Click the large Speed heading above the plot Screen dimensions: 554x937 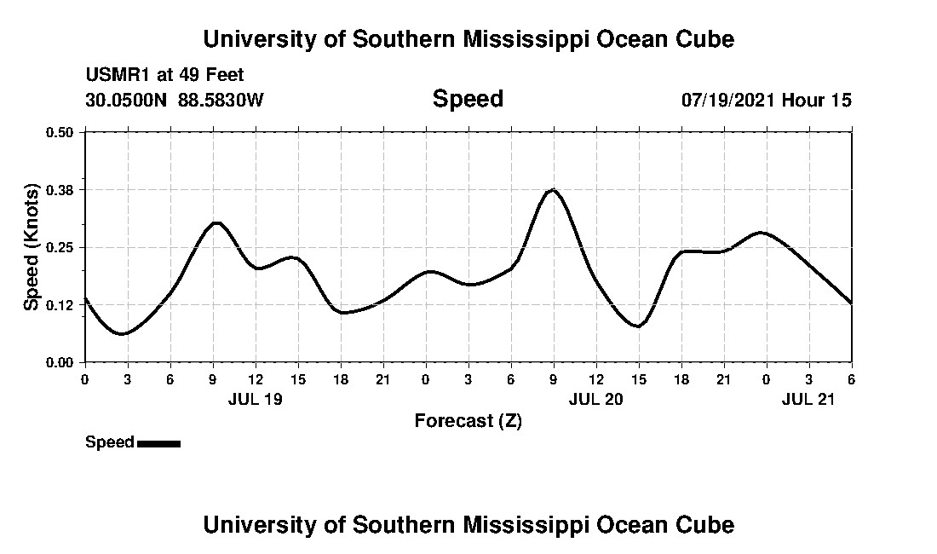coord(468,99)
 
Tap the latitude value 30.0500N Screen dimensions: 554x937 coord(127,101)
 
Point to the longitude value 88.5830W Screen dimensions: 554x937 coord(221,101)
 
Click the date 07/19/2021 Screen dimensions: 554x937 coord(727,101)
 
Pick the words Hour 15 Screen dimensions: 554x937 coord(817,101)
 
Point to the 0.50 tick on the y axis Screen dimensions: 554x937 coord(60,132)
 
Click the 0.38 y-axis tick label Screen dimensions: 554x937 coord(60,189)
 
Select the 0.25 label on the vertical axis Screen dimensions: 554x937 coord(60,247)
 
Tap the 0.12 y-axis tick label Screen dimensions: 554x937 coord(60,304)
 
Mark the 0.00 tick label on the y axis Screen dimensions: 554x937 coord(60,362)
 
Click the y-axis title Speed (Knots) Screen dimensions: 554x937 coord(31,247)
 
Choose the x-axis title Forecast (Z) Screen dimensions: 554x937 coord(468,420)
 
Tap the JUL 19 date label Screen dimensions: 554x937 coord(255,398)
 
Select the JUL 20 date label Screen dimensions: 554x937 coord(595,398)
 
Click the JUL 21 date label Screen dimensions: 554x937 coord(808,398)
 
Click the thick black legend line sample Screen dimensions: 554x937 coord(158,443)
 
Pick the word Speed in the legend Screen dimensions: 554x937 coord(109,442)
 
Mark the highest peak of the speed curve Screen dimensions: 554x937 coord(553,189)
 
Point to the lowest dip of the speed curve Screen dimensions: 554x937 coord(122,334)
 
